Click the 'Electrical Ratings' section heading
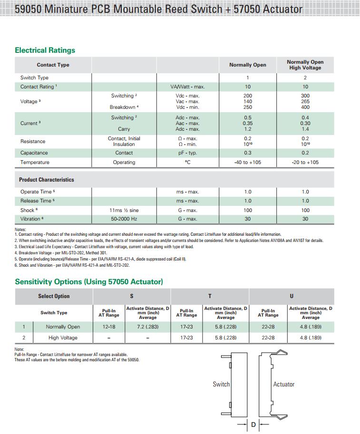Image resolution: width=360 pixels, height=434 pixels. click(45, 50)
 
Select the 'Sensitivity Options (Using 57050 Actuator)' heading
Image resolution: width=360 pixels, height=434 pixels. click(89, 281)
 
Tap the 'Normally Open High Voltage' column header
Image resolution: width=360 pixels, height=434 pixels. click(305, 65)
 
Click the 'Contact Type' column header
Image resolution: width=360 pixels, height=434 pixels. click(53, 65)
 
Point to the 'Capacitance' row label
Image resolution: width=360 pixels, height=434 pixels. click(34, 153)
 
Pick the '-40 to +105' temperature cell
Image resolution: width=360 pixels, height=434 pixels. click(247, 162)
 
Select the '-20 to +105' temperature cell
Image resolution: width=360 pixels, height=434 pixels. click(305, 162)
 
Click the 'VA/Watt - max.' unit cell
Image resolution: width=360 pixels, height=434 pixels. click(187, 87)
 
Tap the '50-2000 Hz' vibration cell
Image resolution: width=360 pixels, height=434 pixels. click(124, 219)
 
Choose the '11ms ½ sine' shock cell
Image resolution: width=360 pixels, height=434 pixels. click(124, 210)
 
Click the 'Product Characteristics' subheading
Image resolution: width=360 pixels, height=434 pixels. click(47, 180)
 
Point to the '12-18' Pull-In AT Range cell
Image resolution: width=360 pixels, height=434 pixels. click(109, 327)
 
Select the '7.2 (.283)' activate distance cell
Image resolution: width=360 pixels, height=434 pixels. click(147, 327)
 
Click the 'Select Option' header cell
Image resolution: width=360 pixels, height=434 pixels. click(54, 296)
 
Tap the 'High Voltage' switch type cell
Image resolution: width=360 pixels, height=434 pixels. click(63, 338)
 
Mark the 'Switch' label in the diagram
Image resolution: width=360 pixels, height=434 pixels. click(221, 384)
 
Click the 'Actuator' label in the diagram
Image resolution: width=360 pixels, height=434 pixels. click(283, 384)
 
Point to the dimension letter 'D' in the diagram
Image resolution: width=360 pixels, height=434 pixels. click(253, 424)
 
